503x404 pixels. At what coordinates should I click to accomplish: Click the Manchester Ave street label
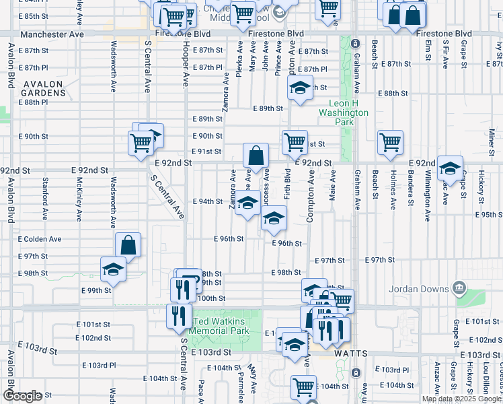pyautogui.click(x=52, y=33)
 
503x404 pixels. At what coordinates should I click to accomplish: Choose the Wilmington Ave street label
pyautogui.click(x=428, y=195)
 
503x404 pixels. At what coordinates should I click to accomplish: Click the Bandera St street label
pyautogui.click(x=410, y=191)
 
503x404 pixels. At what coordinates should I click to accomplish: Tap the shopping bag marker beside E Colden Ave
pyautogui.click(x=128, y=245)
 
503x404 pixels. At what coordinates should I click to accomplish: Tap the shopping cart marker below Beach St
pyautogui.click(x=390, y=142)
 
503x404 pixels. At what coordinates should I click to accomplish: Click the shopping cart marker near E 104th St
pyautogui.click(x=303, y=387)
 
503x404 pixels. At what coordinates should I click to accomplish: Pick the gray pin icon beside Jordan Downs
pyautogui.click(x=459, y=289)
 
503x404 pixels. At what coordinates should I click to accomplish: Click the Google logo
pyautogui.click(x=22, y=396)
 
